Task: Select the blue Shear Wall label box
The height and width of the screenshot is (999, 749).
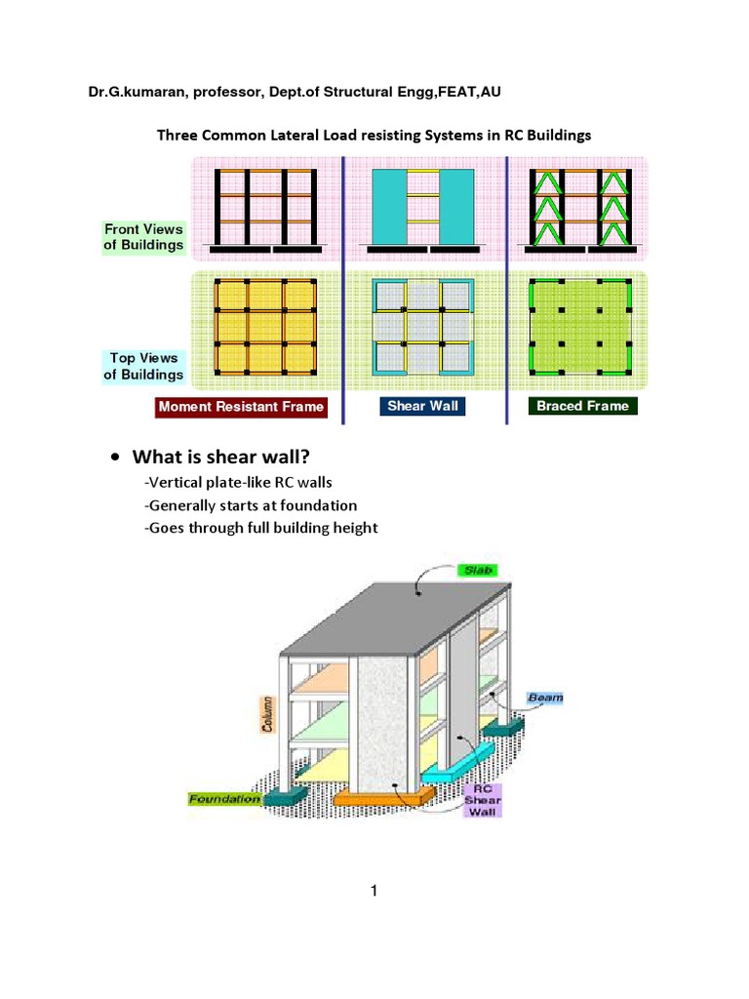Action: (421, 406)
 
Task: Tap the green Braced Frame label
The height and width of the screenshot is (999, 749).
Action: (582, 406)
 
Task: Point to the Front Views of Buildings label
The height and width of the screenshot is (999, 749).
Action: (144, 237)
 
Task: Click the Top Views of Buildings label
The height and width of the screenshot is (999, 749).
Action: (143, 366)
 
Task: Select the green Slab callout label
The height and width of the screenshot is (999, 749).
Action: (478, 569)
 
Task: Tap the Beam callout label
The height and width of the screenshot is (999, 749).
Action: (544, 698)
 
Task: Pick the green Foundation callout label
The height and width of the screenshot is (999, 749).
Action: (224, 799)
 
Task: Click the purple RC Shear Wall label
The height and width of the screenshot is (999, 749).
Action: (481, 799)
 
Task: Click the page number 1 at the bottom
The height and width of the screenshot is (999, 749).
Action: (374, 890)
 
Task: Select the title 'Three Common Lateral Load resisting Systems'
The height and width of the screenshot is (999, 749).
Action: (374, 136)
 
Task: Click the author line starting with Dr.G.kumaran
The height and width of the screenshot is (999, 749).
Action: (296, 93)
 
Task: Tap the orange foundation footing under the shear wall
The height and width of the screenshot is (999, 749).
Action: (382, 799)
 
